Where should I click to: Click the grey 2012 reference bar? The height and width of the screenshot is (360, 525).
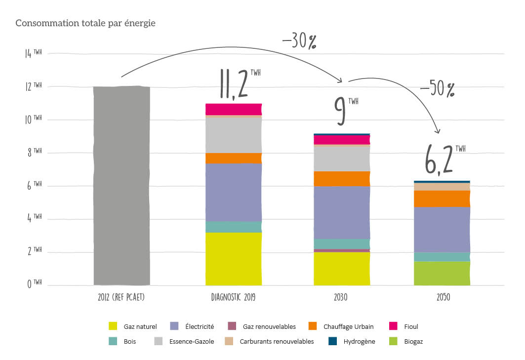[121, 186]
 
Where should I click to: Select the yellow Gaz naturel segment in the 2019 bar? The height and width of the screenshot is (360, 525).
[233, 258]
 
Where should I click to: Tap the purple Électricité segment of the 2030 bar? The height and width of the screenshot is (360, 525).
[342, 212]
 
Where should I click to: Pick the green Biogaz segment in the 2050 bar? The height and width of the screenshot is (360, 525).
[442, 273]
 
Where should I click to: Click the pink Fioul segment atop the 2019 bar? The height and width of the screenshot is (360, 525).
[233, 109]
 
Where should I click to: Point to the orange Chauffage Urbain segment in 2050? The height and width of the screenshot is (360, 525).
[442, 199]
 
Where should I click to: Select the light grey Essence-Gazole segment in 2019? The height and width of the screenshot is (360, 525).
[233, 135]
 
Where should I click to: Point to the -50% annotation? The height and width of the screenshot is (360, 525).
[437, 89]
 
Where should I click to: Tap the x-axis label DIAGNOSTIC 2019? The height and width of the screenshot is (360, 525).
[233, 298]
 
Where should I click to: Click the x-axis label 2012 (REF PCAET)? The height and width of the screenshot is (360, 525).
[121, 298]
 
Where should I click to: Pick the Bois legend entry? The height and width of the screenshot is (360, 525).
[123, 341]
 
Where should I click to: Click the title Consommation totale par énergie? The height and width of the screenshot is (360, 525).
[86, 23]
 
